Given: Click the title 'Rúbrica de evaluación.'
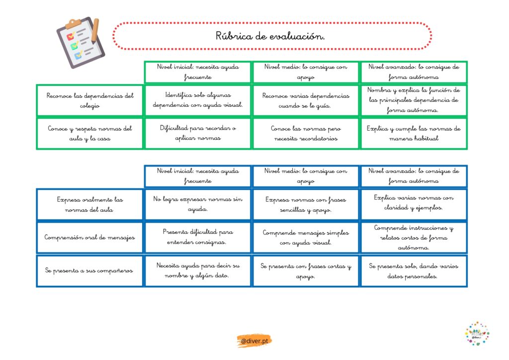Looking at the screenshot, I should (x=271, y=36).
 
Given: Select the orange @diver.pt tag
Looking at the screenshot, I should (x=254, y=341).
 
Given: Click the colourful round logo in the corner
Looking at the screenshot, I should (x=477, y=334).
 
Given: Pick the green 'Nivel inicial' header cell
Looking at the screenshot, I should (x=198, y=72).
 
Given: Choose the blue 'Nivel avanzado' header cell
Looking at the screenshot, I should (x=414, y=176).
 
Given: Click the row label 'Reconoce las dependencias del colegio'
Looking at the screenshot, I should (x=90, y=100).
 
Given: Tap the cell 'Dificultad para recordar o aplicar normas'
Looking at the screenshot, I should (x=198, y=133).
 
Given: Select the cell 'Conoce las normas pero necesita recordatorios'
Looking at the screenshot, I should (x=306, y=133).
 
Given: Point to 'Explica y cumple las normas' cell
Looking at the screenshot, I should (x=414, y=133).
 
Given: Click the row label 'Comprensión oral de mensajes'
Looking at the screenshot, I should (x=90, y=238).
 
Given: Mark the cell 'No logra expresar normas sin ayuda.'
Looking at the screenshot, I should (x=198, y=204).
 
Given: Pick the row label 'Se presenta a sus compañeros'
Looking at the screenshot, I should (x=90, y=271).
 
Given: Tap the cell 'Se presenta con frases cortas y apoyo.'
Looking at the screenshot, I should (x=306, y=271).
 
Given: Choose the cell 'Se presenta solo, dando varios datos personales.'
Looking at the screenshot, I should (x=414, y=271).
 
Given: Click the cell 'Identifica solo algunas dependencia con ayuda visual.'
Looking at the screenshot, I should (x=198, y=100).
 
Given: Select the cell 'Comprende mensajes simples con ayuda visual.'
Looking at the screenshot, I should (x=306, y=238).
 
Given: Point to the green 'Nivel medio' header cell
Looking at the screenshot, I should (x=306, y=72).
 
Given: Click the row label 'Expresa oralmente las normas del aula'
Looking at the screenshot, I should (x=90, y=204).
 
